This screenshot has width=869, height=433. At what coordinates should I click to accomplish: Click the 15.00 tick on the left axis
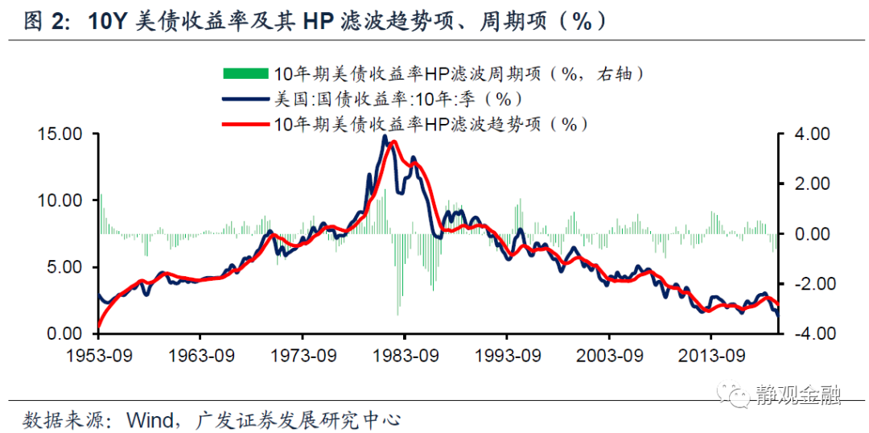click(60, 134)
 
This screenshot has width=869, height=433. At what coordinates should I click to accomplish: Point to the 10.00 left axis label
click(60, 200)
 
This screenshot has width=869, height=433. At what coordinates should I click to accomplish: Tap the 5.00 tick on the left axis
click(65, 267)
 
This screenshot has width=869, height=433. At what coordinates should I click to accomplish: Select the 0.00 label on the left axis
click(65, 333)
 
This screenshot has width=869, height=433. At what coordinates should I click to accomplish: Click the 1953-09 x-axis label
click(99, 356)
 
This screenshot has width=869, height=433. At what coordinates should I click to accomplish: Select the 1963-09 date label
click(201, 356)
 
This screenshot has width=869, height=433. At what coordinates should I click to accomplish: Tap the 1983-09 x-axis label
click(406, 356)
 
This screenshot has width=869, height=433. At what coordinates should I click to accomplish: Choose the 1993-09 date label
click(508, 356)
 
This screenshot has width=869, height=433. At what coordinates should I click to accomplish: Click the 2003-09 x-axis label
click(610, 356)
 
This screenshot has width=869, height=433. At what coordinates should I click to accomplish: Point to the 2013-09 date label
click(712, 356)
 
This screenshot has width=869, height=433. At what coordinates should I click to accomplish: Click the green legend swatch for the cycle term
click(245, 74)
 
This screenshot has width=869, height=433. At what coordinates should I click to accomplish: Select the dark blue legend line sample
click(245, 99)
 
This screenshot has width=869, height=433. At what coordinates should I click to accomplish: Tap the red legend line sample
click(245, 124)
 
